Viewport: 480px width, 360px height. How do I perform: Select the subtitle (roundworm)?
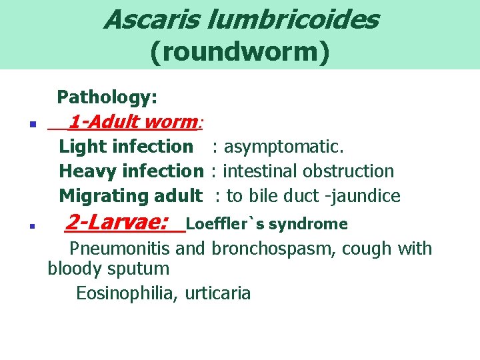coord(240,53)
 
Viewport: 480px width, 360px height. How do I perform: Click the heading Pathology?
coord(107,97)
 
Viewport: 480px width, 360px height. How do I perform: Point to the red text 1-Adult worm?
coord(131,122)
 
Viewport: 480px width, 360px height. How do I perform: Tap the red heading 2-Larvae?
coord(117,222)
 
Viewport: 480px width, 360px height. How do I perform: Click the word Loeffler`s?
coord(217,224)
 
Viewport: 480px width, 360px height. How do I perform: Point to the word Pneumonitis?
coord(121,249)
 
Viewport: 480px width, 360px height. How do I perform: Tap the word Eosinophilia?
coord(127,293)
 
